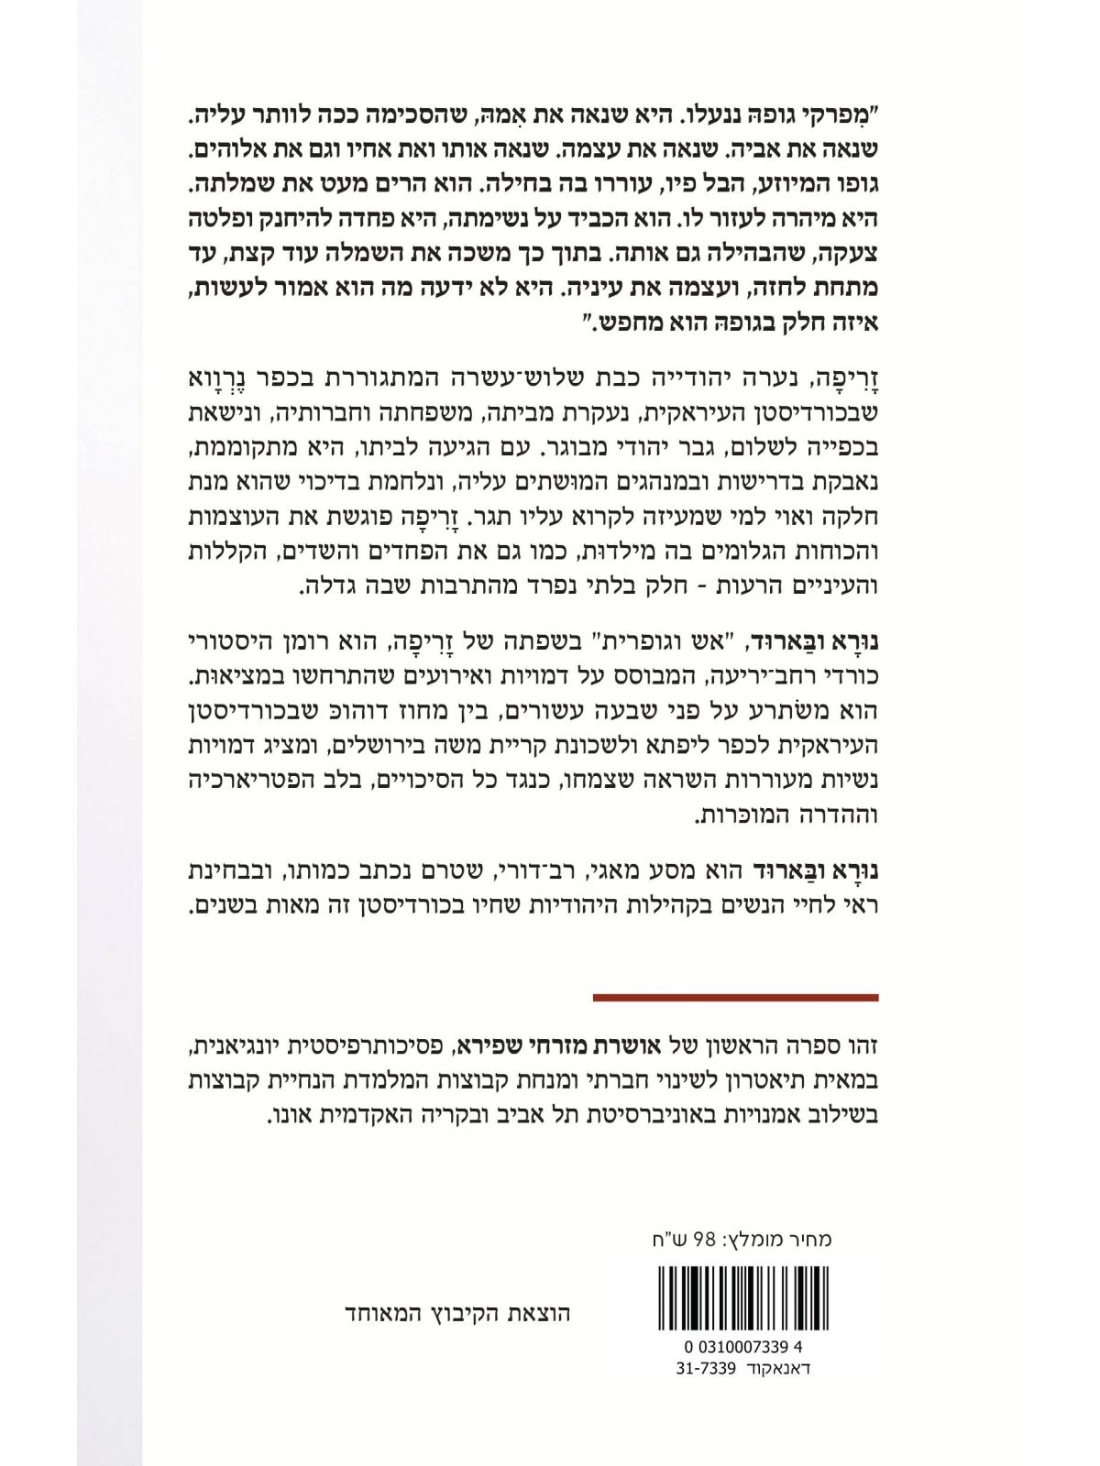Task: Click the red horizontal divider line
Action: pos(735,997)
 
